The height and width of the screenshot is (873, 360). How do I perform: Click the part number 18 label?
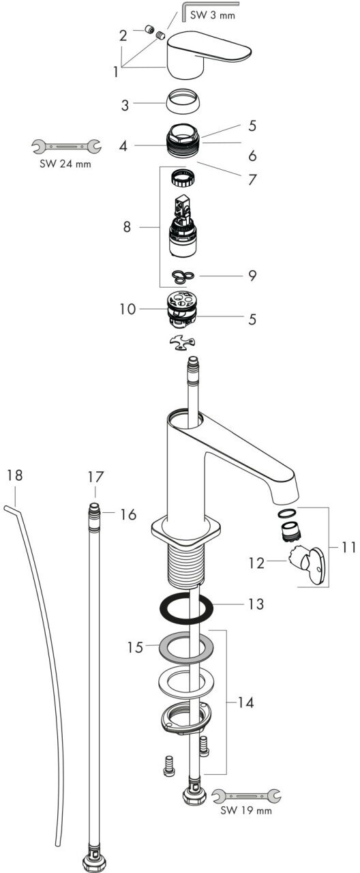[15, 475]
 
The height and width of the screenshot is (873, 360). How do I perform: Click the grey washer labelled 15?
[187, 649]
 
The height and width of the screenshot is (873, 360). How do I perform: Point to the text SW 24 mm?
[65, 163]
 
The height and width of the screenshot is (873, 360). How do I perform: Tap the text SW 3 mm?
[213, 16]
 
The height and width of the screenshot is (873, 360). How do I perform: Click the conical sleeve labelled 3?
[181, 101]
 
